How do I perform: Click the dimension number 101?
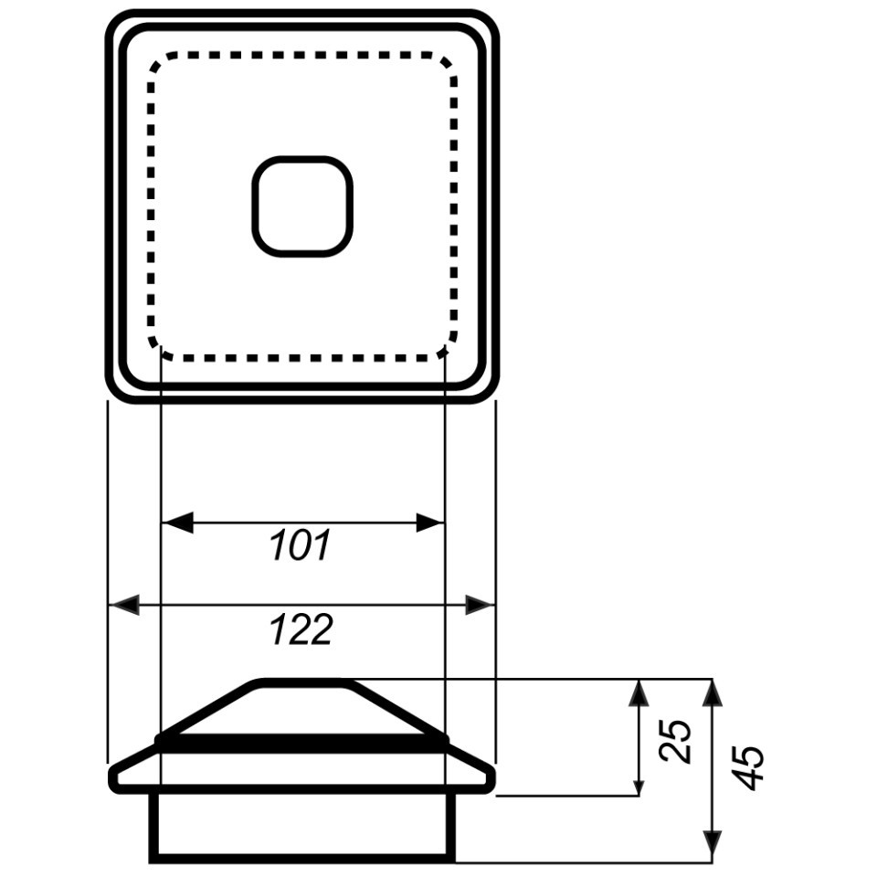[x=301, y=545]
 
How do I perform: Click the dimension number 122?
[x=301, y=629]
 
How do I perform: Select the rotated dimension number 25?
[x=675, y=741]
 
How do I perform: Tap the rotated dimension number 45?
[x=747, y=767]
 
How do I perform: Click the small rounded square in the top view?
[x=302, y=207]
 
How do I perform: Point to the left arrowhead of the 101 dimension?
[x=177, y=523]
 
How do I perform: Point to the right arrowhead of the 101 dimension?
[x=430, y=523]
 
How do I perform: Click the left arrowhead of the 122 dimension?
[x=123, y=605]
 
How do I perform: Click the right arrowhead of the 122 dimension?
[x=480, y=605]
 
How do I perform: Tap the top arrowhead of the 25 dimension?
[x=639, y=693]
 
